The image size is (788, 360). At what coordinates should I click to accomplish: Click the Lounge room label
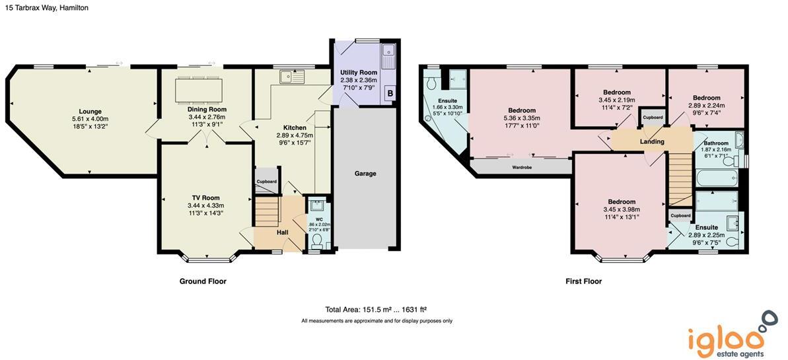[x=90, y=111]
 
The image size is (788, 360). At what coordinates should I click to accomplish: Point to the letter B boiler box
[x=390, y=93]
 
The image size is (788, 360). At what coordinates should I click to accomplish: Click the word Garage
[x=365, y=174]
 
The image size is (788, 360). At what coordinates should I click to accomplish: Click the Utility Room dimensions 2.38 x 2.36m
[x=357, y=80]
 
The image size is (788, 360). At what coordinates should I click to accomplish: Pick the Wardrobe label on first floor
[x=522, y=167]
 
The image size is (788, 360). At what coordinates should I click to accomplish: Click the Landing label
[x=651, y=141]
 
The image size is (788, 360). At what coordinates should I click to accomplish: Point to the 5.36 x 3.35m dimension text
[x=521, y=118]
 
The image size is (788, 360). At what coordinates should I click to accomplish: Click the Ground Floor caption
[x=203, y=281]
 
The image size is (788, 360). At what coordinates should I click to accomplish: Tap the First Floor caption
[x=583, y=281]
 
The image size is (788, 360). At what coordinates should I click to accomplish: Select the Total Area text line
[x=376, y=309]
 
